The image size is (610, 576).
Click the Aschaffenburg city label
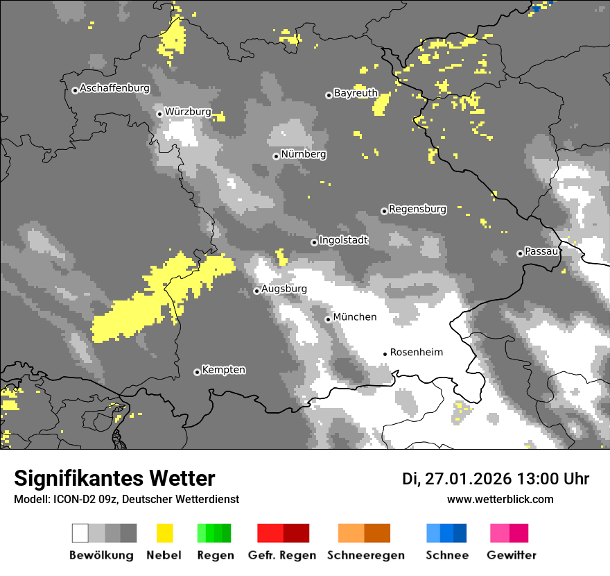click(114, 89)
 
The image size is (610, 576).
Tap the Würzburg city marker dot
click(159, 114)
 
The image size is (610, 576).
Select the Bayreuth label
click(356, 93)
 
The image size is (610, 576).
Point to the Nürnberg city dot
click(276, 156)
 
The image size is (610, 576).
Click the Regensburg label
click(417, 209)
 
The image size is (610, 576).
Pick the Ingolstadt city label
click(343, 240)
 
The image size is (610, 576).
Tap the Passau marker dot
click(520, 253)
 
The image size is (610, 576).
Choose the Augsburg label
click(284, 289)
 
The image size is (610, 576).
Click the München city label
click(355, 317)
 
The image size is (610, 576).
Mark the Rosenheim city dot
click(385, 354)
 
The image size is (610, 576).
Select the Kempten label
click(223, 370)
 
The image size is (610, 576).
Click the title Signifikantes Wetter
click(114, 479)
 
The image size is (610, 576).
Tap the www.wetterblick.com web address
click(500, 500)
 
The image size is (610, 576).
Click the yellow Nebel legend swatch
click(164, 533)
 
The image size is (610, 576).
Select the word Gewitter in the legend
click(511, 555)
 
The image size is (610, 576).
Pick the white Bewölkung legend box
click(80, 533)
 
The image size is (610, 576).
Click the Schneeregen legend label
click(365, 555)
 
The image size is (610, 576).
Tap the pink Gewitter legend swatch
click(500, 533)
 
